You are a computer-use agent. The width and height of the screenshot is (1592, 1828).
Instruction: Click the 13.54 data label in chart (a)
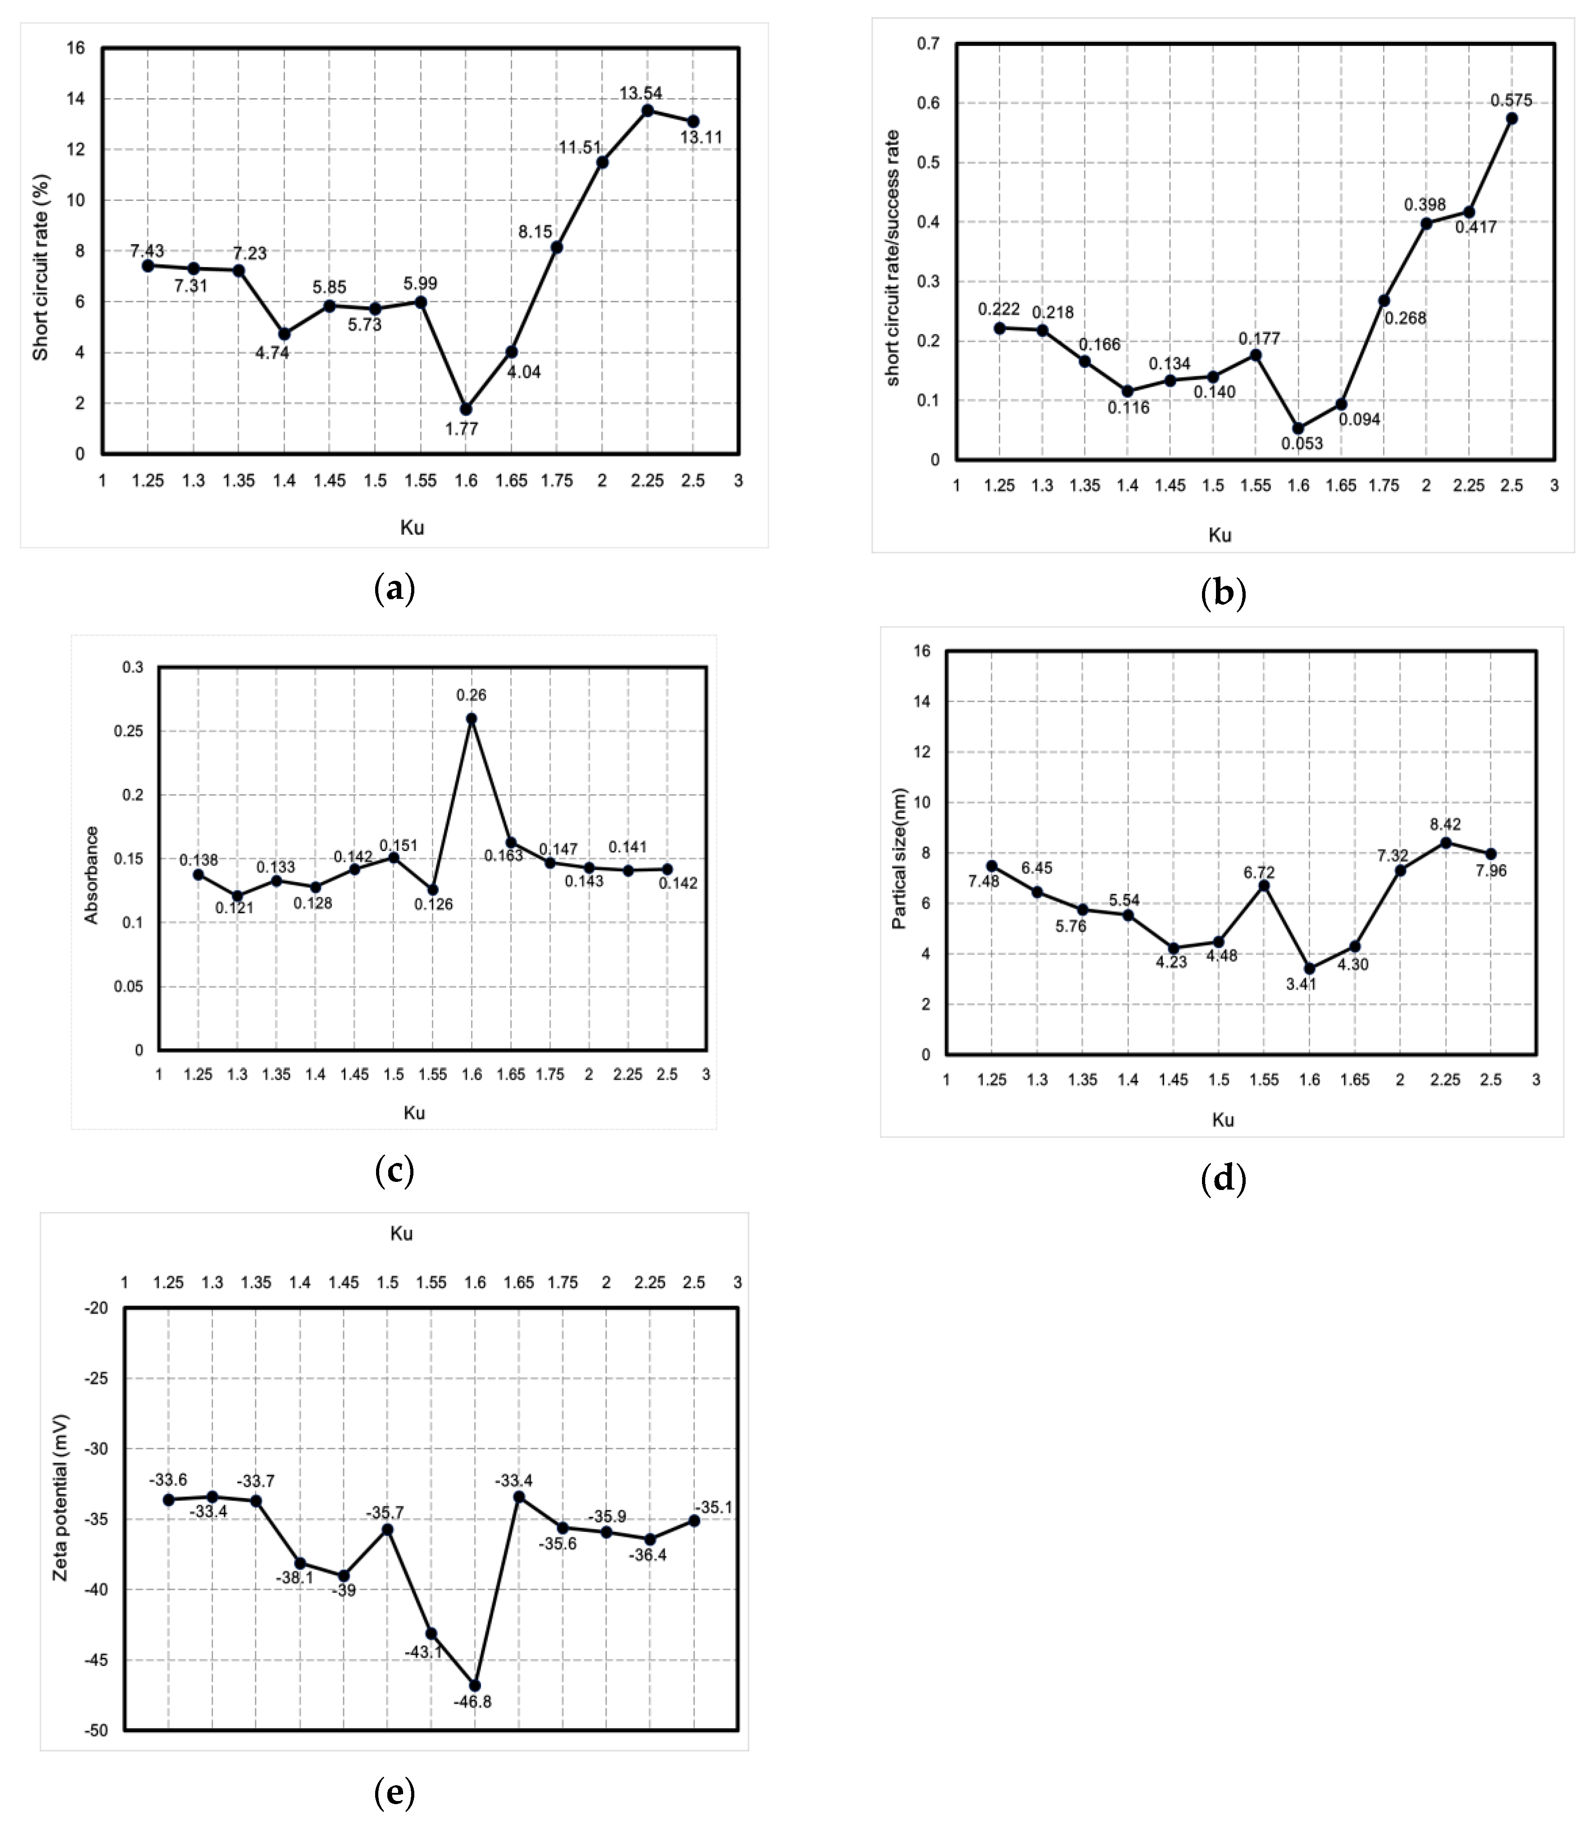[640, 93]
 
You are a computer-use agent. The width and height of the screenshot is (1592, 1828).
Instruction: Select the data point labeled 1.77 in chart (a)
[466, 408]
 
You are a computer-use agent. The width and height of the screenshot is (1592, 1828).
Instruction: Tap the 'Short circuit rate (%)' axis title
[41, 267]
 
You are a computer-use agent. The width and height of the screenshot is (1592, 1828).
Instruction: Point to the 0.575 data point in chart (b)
[1511, 118]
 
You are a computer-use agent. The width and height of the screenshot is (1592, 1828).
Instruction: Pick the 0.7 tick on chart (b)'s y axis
[929, 44]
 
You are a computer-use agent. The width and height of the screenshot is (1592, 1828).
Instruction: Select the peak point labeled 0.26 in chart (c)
[472, 719]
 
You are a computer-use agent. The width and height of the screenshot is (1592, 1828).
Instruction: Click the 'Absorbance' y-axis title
[91, 875]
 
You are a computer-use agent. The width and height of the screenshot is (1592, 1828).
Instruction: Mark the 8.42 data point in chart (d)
[1446, 842]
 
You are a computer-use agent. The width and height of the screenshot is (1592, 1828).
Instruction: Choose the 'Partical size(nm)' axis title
[899, 858]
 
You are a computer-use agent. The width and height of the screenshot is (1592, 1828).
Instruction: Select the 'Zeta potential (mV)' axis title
[60, 1498]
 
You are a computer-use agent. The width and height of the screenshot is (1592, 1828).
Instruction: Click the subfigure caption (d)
[1222, 1179]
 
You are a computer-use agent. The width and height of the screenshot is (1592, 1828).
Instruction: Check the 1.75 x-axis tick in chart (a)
[557, 480]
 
